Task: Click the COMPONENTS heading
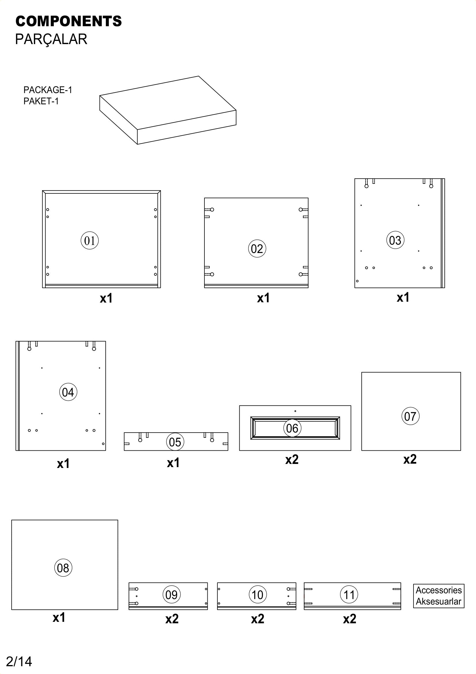[69, 21]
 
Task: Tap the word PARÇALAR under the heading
[51, 39]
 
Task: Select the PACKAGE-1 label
[48, 90]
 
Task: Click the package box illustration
[168, 110]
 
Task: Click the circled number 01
[90, 241]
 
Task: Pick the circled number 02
[257, 249]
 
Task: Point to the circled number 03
[395, 240]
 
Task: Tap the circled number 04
[68, 392]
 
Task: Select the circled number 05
[175, 442]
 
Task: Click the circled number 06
[292, 428]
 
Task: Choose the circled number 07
[410, 416]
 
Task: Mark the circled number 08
[63, 568]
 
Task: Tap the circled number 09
[171, 595]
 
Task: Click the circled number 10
[257, 595]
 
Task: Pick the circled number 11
[349, 595]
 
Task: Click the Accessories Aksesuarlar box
[439, 596]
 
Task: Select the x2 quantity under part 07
[410, 459]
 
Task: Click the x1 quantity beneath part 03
[403, 298]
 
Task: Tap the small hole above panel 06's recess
[295, 411]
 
